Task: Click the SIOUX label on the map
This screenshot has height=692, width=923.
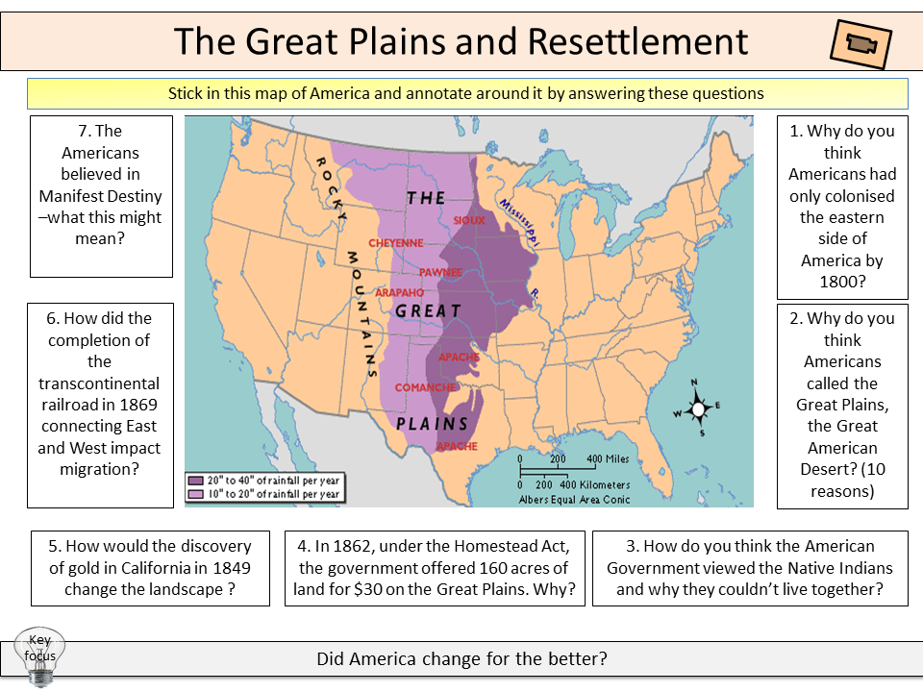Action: pyautogui.click(x=469, y=219)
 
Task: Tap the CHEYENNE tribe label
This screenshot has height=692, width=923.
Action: pyautogui.click(x=396, y=243)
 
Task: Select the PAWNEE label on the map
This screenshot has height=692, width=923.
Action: pyautogui.click(x=440, y=272)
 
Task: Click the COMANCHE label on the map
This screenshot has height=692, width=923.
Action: pyautogui.click(x=425, y=387)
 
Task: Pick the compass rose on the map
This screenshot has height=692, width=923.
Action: pyautogui.click(x=699, y=408)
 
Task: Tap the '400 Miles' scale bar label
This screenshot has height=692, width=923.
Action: pyautogui.click(x=608, y=458)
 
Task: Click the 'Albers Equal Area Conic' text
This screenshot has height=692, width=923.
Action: pyautogui.click(x=573, y=500)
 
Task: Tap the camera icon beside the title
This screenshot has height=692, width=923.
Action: pyautogui.click(x=860, y=44)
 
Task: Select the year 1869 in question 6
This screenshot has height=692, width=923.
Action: pyautogui.click(x=137, y=405)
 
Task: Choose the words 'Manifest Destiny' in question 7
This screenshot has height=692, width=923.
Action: pyautogui.click(x=102, y=196)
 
